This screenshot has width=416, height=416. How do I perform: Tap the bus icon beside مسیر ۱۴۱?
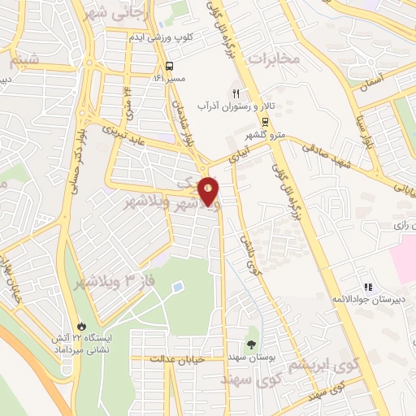click(169, 67)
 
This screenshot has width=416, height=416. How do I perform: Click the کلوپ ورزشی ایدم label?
click(161, 37)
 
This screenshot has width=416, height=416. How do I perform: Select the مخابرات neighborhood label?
click(275, 58)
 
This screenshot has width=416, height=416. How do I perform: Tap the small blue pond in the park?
click(178, 289)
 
